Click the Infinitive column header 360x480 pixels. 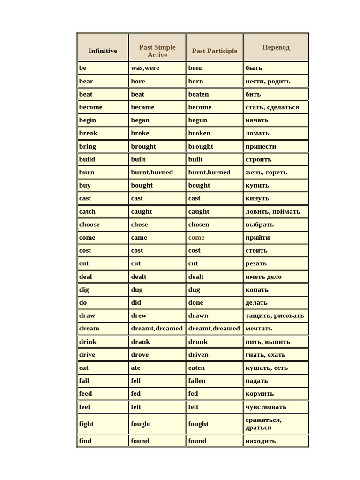[x=103, y=51]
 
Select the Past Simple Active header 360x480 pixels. [x=157, y=51]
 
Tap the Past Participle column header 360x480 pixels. [x=215, y=51]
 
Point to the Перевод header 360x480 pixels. [x=276, y=47]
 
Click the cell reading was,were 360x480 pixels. [x=145, y=68]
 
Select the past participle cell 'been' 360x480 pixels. [x=195, y=68]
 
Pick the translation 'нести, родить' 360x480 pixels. [x=268, y=81]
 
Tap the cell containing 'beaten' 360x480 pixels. [x=198, y=94]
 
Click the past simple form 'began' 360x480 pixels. [x=140, y=120]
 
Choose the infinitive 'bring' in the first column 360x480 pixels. [x=87, y=146]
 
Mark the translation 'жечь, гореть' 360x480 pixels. [x=266, y=172]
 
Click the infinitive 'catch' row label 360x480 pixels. [x=87, y=211]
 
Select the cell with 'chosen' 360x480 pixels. [x=199, y=225]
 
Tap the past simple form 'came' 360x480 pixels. [x=139, y=237]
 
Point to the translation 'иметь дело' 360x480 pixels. [x=263, y=277]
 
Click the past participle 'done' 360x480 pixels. [x=196, y=302]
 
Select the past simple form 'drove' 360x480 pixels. [x=140, y=354]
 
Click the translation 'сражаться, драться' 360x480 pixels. [x=263, y=424]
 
